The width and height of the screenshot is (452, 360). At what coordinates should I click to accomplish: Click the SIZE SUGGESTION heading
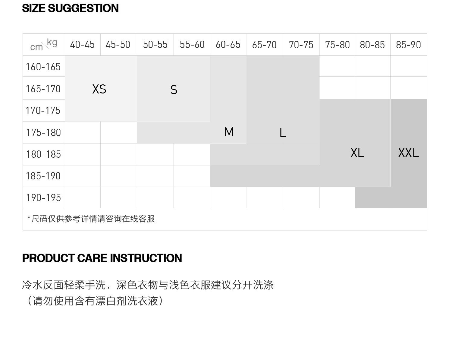tap(70, 8)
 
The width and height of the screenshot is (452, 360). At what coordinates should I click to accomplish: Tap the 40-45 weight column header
tap(82, 45)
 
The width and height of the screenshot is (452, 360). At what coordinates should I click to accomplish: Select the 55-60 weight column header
tap(192, 45)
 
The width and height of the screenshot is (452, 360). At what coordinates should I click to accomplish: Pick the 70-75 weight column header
tap(301, 45)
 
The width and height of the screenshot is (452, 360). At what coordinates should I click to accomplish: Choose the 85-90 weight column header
tap(408, 45)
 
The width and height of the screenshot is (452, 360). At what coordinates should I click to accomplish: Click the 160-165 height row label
tap(43, 67)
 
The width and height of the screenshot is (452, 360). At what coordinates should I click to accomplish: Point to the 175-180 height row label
tap(43, 132)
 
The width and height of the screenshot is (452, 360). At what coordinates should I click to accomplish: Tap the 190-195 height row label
tap(43, 197)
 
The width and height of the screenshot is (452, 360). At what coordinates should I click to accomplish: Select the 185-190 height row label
tap(43, 176)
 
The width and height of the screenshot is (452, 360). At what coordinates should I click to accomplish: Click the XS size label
tap(99, 89)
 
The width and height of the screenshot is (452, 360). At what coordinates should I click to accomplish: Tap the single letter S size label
tap(174, 90)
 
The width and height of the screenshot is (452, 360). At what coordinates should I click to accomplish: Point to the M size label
tap(229, 132)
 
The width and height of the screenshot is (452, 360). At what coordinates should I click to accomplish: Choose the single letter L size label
tap(282, 133)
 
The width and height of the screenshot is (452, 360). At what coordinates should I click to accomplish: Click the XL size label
tap(357, 153)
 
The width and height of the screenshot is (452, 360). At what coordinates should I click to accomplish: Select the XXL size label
tap(408, 153)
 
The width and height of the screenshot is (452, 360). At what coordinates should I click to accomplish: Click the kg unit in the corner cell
tap(52, 43)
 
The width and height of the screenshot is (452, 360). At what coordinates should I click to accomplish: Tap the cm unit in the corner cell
tap(36, 47)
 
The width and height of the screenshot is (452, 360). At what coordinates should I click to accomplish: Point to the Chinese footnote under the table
tap(91, 219)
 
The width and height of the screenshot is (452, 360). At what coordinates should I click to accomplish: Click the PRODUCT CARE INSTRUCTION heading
tap(102, 258)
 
